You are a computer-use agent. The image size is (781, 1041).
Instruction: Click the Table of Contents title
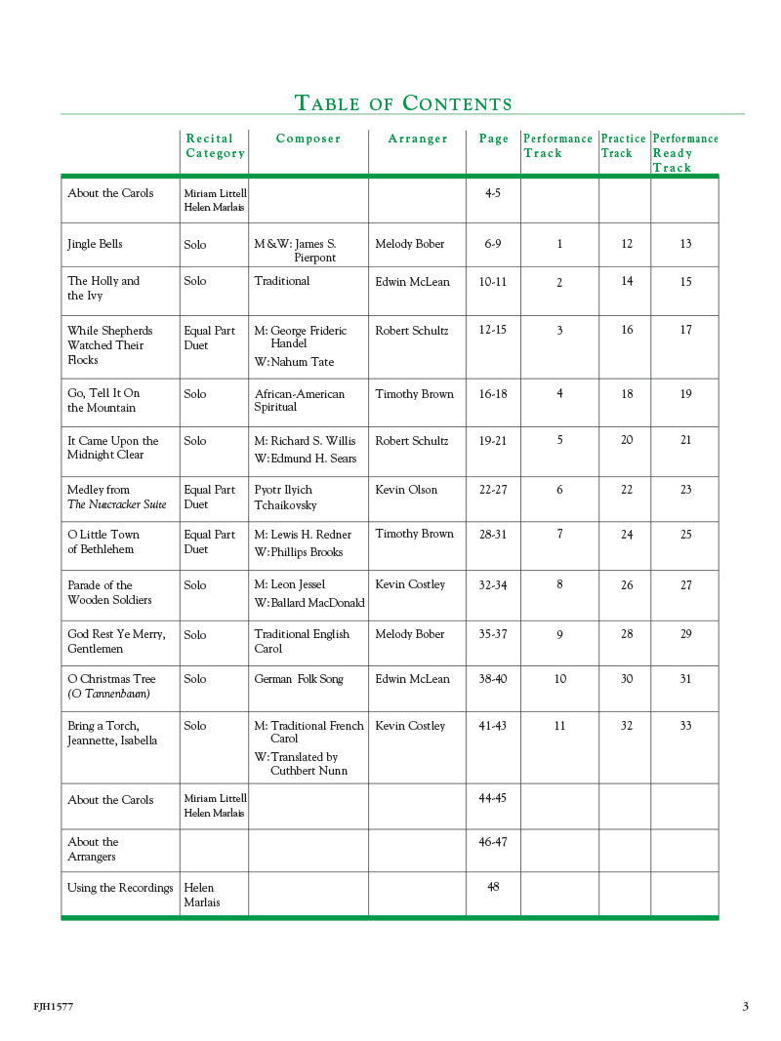pos(403,103)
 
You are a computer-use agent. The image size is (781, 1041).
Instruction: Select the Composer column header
pos(308,139)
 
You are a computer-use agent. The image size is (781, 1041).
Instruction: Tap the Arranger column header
pos(418,139)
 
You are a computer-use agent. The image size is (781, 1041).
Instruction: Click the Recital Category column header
pos(215,145)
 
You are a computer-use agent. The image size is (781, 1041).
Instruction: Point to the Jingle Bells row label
pos(95,244)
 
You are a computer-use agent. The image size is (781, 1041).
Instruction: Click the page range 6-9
pos(493,244)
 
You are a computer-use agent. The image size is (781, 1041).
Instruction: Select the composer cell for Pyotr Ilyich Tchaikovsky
pos(286,498)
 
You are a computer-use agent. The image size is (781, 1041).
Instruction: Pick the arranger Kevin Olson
pos(406,490)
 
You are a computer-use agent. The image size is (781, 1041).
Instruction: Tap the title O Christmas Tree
pos(111,679)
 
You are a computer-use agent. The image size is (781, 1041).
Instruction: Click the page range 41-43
pos(493,726)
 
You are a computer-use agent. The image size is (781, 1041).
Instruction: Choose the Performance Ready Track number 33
pos(685,726)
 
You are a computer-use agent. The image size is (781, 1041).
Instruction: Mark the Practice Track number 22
pos(627,490)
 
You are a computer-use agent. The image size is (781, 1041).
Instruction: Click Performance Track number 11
pos(559,726)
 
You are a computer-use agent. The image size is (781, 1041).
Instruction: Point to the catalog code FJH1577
pos(53,1007)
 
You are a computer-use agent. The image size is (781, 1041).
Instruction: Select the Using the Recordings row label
pos(120,888)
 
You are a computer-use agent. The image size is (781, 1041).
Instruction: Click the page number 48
pos(493,887)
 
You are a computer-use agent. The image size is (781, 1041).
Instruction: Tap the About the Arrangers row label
pos(93,849)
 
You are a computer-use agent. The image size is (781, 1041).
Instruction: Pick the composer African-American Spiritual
pos(300,400)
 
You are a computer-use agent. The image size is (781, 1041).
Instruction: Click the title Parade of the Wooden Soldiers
pos(109,592)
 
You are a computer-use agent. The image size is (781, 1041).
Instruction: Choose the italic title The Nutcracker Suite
pos(117,504)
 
